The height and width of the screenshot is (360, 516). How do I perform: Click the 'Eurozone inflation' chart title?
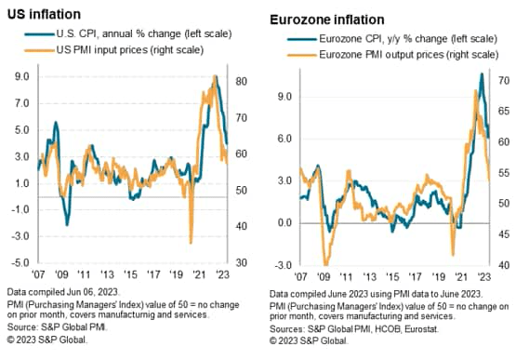[x=325, y=18]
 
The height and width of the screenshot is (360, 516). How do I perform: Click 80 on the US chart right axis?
[x=243, y=81]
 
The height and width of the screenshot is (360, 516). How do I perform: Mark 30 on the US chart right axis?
[x=243, y=264]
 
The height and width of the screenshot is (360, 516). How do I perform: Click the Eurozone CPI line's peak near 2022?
[x=481, y=73]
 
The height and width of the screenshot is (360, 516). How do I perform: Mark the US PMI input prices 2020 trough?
[x=191, y=243]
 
